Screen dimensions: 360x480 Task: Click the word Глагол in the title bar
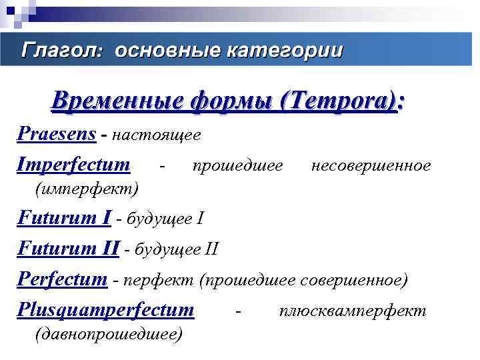(x=61, y=50)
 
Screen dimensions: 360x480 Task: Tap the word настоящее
(x=157, y=135)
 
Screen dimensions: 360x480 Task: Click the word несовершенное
(x=371, y=165)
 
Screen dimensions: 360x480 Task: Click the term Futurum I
(x=64, y=219)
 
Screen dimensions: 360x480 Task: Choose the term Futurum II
(x=68, y=249)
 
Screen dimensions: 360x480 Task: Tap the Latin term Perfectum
(x=61, y=279)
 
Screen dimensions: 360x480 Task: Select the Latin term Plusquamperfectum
(x=105, y=310)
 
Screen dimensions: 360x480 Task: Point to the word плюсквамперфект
(x=353, y=311)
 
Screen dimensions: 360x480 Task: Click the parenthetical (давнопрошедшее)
(x=107, y=334)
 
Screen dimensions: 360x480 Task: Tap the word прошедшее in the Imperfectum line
(x=237, y=165)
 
